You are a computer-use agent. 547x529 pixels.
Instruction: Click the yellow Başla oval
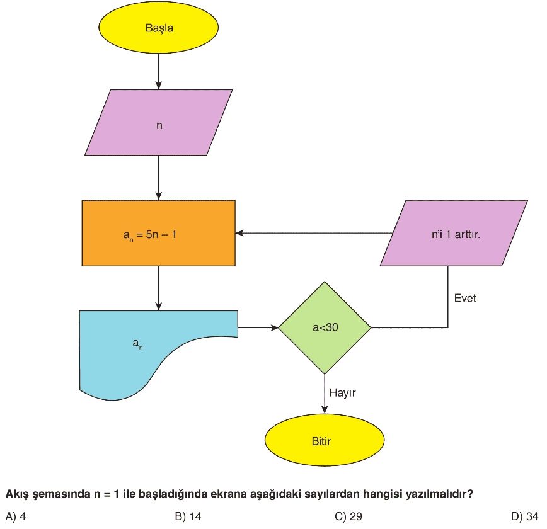[158, 28]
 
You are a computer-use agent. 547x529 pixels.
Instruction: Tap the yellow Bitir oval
[325, 441]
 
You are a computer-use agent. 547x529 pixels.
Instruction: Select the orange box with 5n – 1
[158, 233]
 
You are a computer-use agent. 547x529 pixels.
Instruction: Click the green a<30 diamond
[325, 327]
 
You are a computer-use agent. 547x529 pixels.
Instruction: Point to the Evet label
[465, 298]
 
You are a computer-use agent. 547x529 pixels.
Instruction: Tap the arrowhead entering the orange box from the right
[240, 233]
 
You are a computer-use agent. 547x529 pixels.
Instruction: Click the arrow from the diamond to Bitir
[325, 394]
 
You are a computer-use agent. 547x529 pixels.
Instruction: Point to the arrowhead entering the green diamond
[274, 327]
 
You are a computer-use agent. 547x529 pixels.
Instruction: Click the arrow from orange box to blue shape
[158, 288]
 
